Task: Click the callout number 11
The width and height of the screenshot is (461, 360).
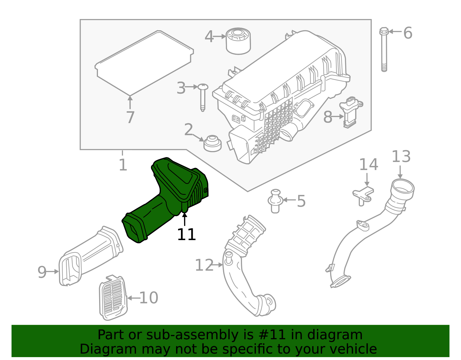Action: [x=186, y=235]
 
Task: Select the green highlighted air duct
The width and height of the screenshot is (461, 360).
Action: [x=167, y=199]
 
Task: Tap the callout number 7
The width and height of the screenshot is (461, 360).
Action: [x=130, y=118]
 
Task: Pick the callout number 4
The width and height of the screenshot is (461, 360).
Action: [x=209, y=37]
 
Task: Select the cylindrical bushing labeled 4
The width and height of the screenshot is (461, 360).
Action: [x=238, y=41]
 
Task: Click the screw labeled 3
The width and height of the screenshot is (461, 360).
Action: [x=203, y=97]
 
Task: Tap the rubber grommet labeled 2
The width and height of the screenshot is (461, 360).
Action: [x=212, y=143]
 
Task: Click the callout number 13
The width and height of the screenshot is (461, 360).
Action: [x=401, y=157]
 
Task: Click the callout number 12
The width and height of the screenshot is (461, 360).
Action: [x=204, y=265]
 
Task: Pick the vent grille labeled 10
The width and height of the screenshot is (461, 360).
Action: [x=113, y=297]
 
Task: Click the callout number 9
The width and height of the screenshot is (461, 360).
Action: [x=42, y=272]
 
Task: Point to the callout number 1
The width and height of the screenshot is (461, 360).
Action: [x=123, y=165]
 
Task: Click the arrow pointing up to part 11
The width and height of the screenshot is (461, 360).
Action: [x=185, y=219]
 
